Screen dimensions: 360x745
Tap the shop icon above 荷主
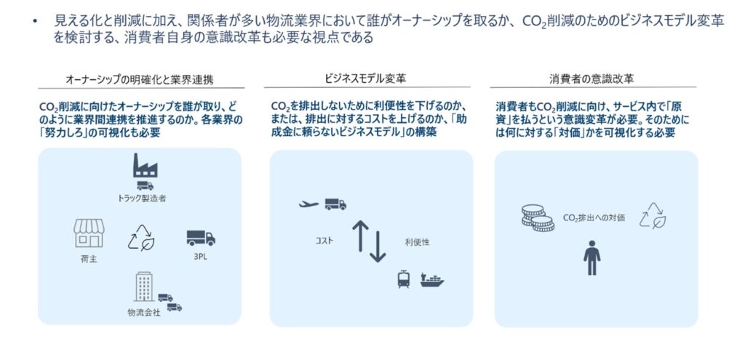pyautogui.click(x=89, y=233)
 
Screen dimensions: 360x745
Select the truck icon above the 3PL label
pyautogui.click(x=200, y=238)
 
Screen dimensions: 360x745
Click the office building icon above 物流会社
pyautogui.click(x=143, y=287)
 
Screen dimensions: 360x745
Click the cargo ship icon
pyautogui.click(x=431, y=279)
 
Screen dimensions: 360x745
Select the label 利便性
pyautogui.click(x=417, y=241)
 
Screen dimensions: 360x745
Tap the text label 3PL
pyautogui.click(x=199, y=257)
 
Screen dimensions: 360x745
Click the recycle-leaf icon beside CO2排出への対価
pyautogui.click(x=652, y=217)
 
